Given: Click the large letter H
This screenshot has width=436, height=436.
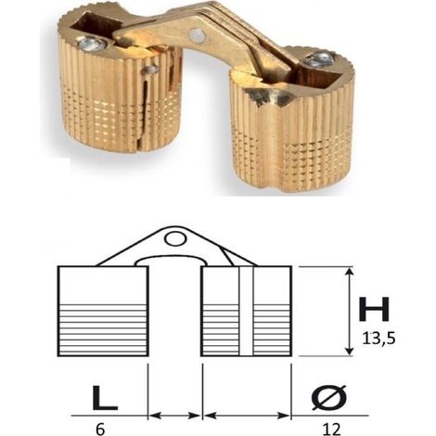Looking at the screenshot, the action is pyautogui.click(x=374, y=309).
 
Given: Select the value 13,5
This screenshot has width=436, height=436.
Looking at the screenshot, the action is pyautogui.click(x=379, y=339).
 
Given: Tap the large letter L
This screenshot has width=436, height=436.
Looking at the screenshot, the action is pyautogui.click(x=105, y=397).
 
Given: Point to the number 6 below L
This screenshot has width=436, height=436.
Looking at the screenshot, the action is pyautogui.click(x=100, y=430).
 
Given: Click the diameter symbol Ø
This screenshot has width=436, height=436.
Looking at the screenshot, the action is pyautogui.click(x=329, y=397).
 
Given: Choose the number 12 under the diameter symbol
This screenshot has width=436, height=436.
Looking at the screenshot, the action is pyautogui.click(x=331, y=430).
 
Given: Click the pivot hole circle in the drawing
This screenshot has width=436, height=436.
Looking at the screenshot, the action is pyautogui.click(x=175, y=238).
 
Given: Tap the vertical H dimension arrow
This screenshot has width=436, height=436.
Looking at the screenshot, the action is pyautogui.click(x=350, y=312).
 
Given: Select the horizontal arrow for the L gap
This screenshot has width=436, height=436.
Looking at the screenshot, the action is pyautogui.click(x=175, y=416).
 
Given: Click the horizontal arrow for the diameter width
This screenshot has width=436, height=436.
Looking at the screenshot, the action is pyautogui.click(x=247, y=416).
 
